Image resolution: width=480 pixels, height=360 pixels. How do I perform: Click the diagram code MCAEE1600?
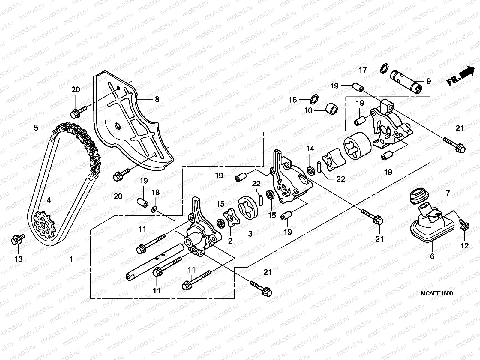(436, 293)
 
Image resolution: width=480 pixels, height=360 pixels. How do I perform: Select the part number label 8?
(157, 99)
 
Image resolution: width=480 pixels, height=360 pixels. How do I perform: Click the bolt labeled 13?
(17, 240)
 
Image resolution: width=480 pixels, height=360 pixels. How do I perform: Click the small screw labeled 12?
(463, 225)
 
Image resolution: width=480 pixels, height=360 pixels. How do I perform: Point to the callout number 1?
(71, 259)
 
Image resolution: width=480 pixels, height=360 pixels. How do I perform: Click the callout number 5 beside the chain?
(36, 128)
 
